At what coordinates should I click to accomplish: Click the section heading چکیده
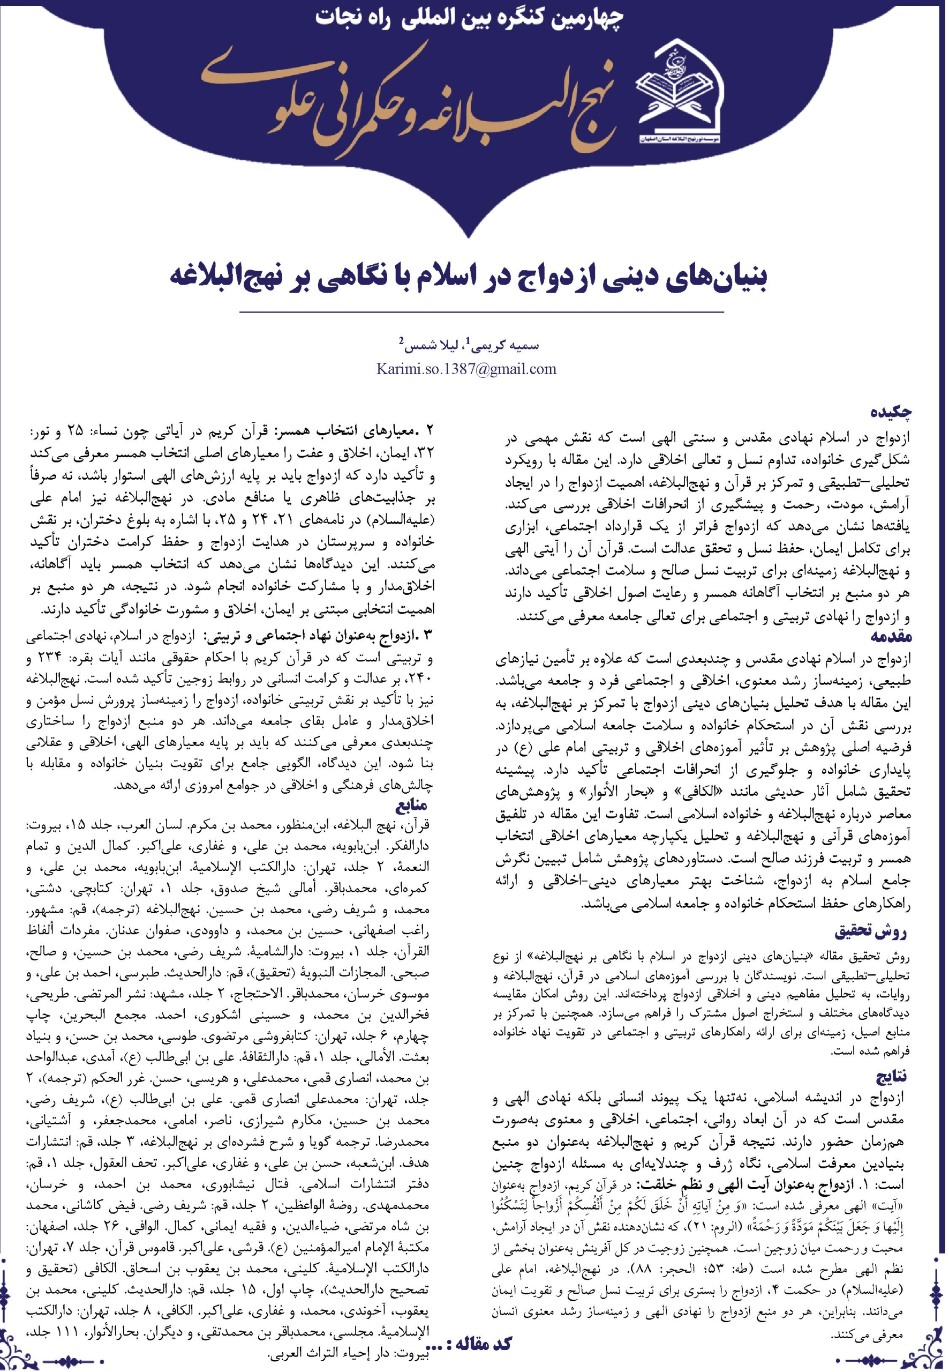coord(891,412)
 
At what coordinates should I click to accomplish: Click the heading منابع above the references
coord(411,806)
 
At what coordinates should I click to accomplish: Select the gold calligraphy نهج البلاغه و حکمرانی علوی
coord(410,104)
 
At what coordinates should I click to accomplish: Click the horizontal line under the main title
coord(474,312)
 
